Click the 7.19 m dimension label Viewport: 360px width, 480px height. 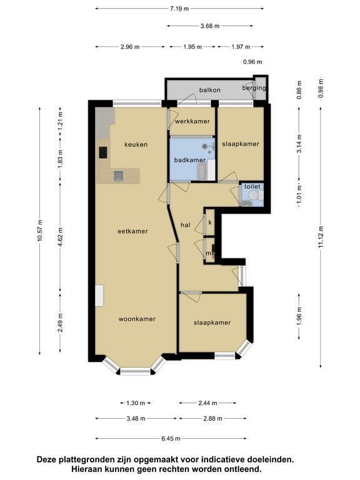point(179,9)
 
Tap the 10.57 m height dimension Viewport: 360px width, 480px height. point(40,231)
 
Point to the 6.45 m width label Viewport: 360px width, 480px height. point(171,439)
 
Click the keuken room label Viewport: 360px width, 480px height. point(136,144)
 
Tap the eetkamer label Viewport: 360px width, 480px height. point(133,231)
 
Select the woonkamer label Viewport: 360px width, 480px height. point(137,319)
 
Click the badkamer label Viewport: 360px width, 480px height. point(190,160)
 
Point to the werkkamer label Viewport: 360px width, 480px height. point(192,121)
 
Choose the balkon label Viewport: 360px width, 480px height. point(210,90)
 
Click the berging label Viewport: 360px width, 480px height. point(254,88)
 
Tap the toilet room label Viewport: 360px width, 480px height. point(252,186)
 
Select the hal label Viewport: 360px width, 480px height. point(186,225)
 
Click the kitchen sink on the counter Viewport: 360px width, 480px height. point(119,176)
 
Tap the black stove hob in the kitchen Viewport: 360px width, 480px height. point(103,152)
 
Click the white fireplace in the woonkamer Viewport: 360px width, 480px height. point(99,296)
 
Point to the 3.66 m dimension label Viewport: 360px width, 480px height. point(210,26)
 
